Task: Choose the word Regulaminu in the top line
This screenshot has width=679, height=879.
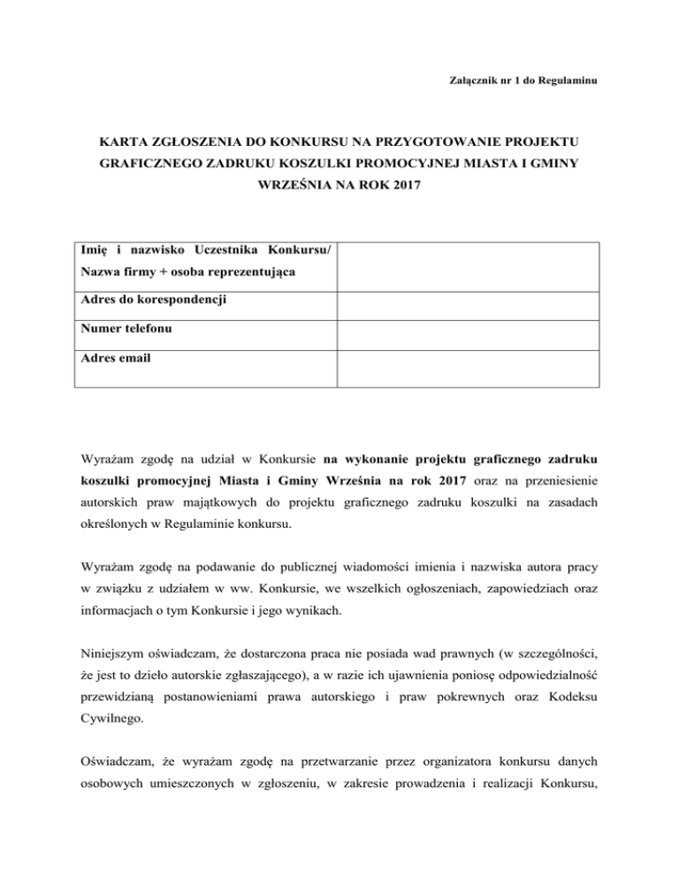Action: click(566, 81)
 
